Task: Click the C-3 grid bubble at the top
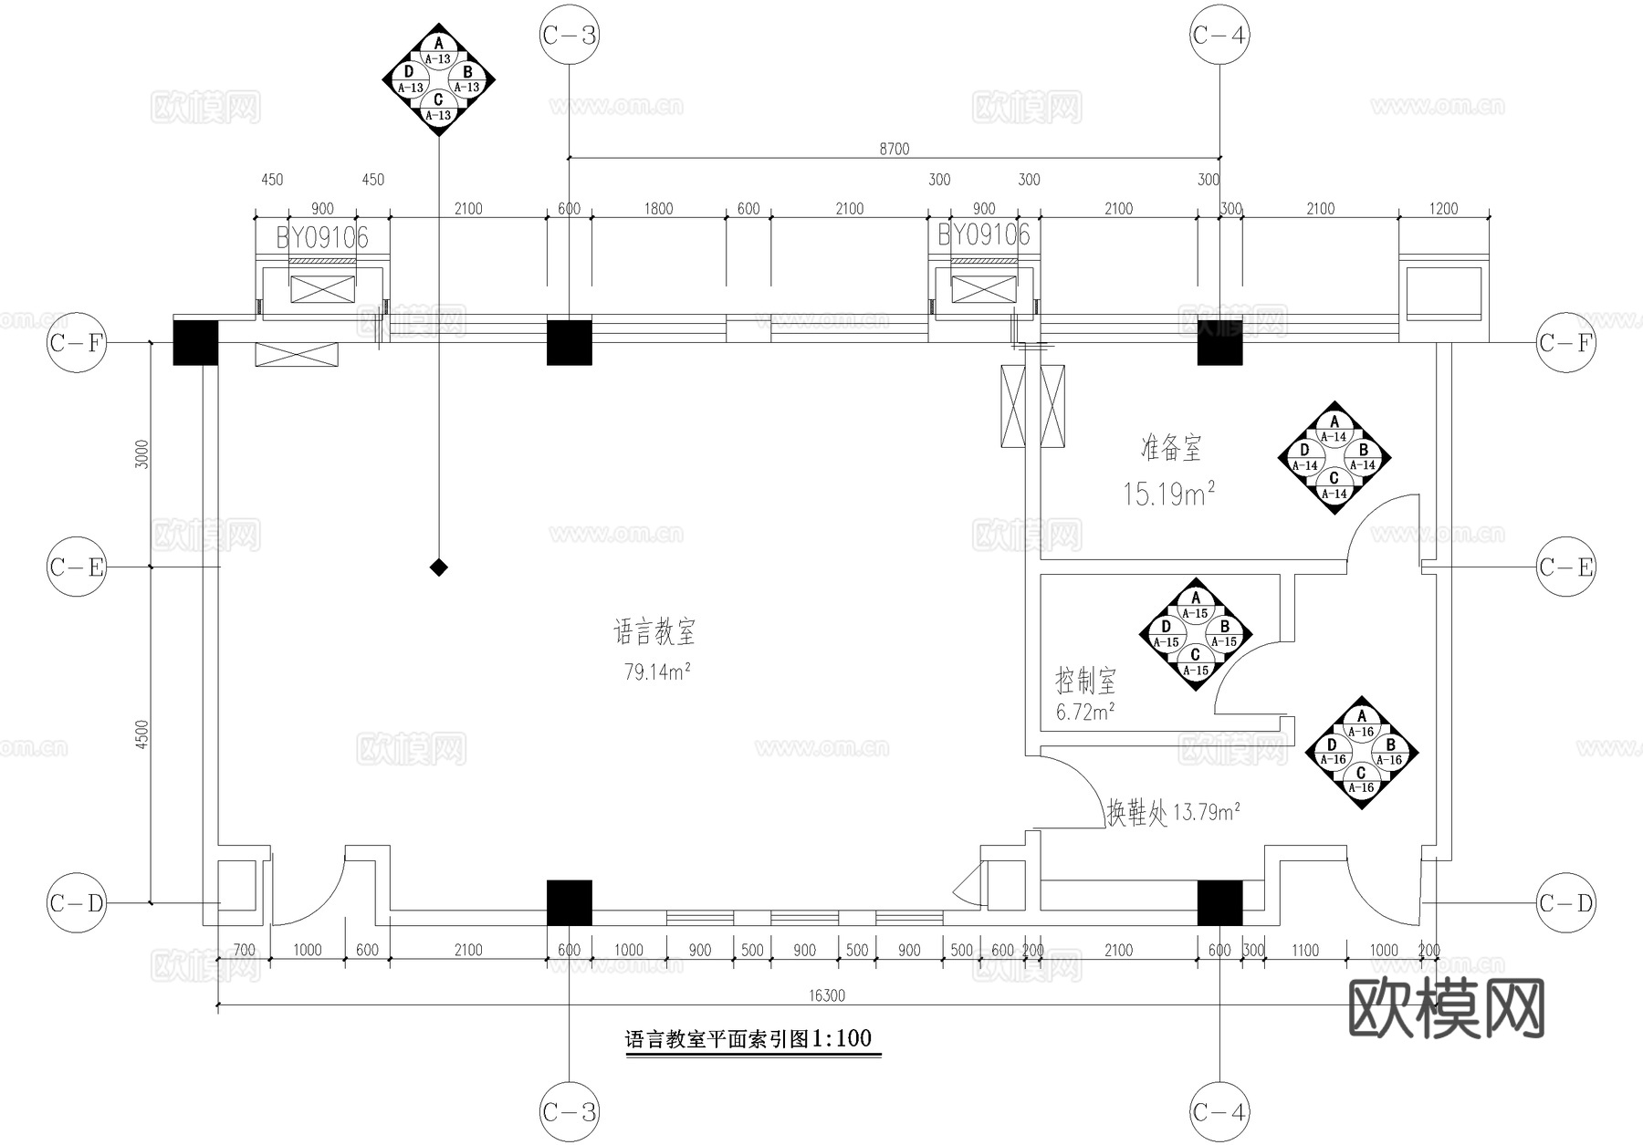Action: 569,35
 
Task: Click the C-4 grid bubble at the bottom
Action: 1219,1112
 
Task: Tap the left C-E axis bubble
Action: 77,567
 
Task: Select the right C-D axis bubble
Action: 1565,903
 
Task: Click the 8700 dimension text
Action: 894,149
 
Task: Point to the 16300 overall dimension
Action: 827,995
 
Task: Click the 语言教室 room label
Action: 654,631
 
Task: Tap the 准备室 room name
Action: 1171,448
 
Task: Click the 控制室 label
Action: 1085,681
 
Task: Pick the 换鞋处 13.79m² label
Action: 1172,812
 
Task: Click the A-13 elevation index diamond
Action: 439,79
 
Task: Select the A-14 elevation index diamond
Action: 1334,457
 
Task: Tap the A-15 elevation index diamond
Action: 1196,634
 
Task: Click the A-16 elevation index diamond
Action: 1361,753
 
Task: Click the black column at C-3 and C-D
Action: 569,903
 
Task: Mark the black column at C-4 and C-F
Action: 1219,342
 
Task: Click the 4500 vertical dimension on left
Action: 141,734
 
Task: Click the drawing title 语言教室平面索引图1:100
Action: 748,1039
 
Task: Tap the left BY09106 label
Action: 322,238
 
